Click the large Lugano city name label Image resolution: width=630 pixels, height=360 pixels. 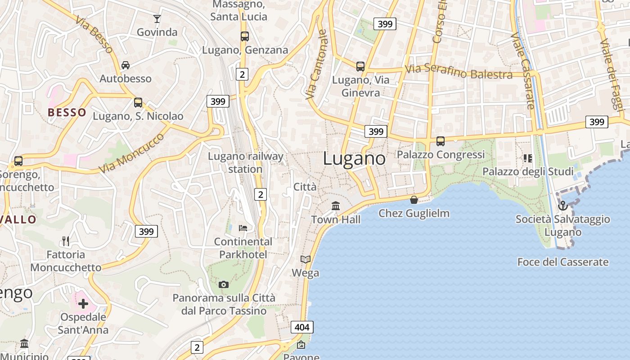pyautogui.click(x=354, y=159)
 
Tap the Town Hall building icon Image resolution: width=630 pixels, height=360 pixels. pyautogui.click(x=336, y=206)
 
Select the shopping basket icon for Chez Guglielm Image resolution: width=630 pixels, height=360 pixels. pyautogui.click(x=414, y=199)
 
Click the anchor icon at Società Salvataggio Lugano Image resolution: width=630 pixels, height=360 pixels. pyautogui.click(x=562, y=206)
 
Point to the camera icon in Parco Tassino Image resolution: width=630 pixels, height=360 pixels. pyautogui.click(x=223, y=284)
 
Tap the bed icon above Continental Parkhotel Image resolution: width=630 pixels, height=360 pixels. pyautogui.click(x=243, y=228)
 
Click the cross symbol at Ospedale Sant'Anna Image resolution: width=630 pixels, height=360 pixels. pyautogui.click(x=83, y=304)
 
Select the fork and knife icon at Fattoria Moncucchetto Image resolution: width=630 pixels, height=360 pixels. pyautogui.click(x=66, y=241)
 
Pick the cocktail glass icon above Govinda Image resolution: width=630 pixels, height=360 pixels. pyautogui.click(x=157, y=18)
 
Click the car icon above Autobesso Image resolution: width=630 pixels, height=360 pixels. pyautogui.click(x=126, y=65)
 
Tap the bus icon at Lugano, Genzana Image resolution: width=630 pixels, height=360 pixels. pyautogui.click(x=244, y=36)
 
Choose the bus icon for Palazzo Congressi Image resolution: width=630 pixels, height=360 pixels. pyautogui.click(x=441, y=141)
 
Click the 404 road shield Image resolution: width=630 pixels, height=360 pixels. pyautogui.click(x=301, y=327)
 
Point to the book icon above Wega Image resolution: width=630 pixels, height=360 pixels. pyautogui.click(x=306, y=259)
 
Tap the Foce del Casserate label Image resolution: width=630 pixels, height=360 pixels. pyautogui.click(x=562, y=262)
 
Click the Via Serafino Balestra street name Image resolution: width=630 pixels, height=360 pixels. pyautogui.click(x=459, y=72)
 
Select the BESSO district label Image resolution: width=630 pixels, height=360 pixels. pyautogui.click(x=67, y=112)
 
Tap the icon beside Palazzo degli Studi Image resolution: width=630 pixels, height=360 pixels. pyautogui.click(x=527, y=158)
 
